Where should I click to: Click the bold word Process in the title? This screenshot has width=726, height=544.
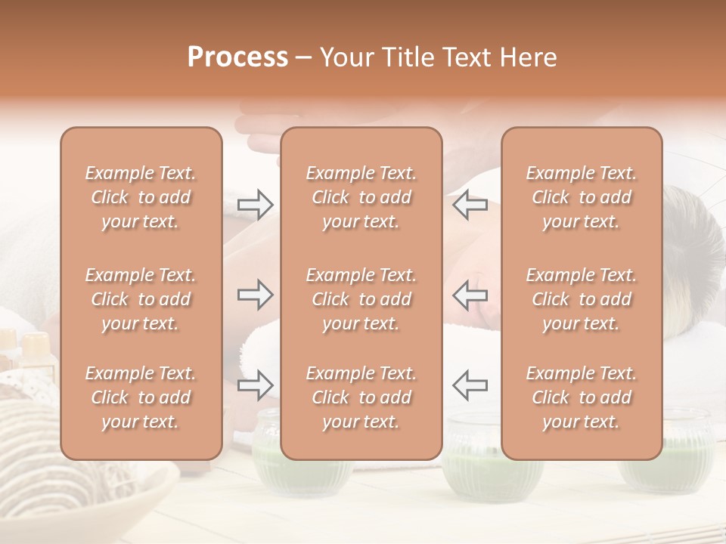click(x=237, y=57)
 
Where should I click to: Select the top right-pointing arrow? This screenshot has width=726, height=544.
click(x=256, y=204)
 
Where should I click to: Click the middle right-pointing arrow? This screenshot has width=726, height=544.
click(x=256, y=295)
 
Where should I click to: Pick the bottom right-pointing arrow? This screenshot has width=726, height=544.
click(x=256, y=385)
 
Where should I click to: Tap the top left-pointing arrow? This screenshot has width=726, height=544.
click(x=470, y=204)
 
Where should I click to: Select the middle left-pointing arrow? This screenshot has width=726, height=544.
click(x=470, y=295)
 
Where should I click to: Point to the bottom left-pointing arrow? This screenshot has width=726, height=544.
click(x=470, y=385)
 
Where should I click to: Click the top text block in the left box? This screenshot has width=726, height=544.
click(x=141, y=197)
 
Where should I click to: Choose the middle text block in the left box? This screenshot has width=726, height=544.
click(x=141, y=299)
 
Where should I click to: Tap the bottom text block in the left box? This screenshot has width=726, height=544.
click(x=141, y=397)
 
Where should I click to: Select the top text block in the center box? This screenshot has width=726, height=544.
click(x=361, y=197)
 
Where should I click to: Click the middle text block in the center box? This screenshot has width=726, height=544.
click(x=361, y=299)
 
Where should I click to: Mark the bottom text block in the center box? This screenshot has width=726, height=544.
click(x=361, y=397)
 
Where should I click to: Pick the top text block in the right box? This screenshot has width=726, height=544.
click(x=582, y=197)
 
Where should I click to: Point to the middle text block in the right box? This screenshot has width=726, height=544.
click(x=582, y=299)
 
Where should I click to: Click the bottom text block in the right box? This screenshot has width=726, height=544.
click(x=582, y=397)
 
